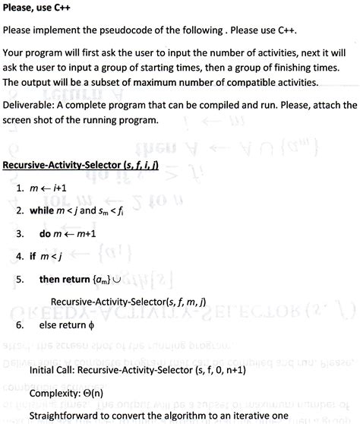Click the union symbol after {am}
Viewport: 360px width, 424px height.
pyautogui.click(x=137, y=280)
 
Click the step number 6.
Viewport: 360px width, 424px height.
pyautogui.click(x=18, y=326)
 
